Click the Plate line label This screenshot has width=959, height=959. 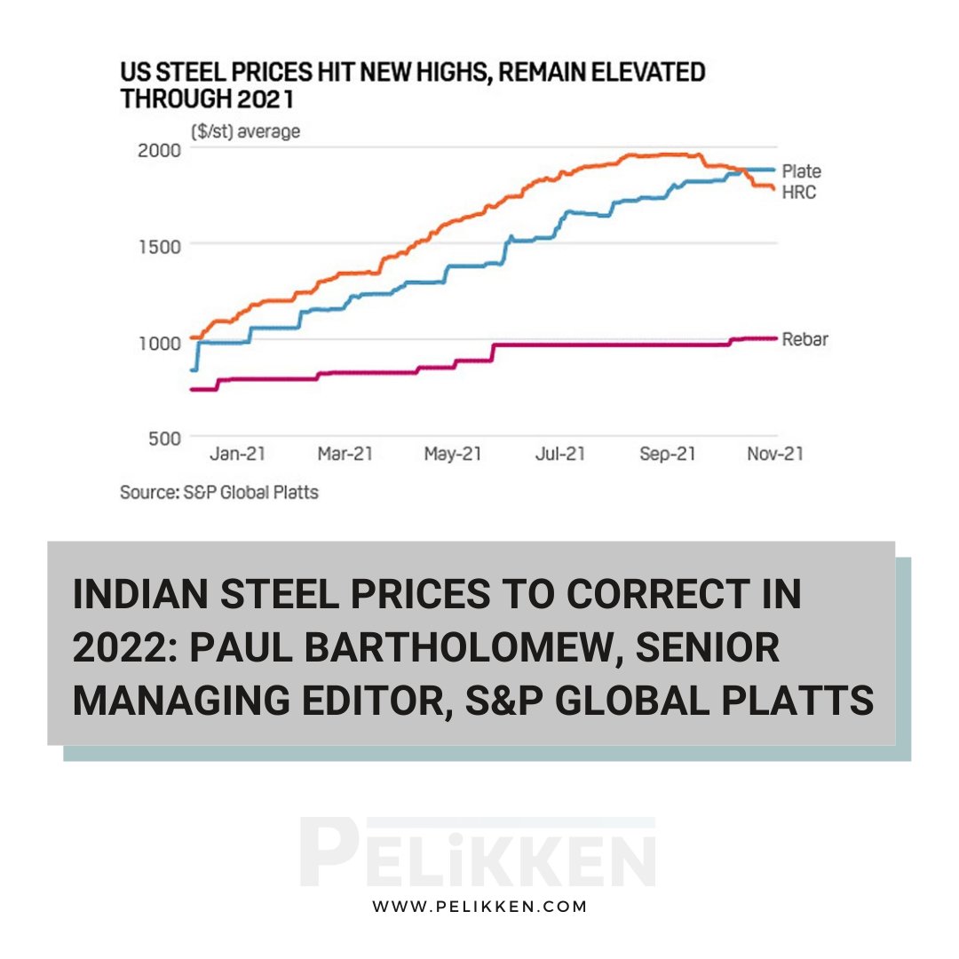[801, 170]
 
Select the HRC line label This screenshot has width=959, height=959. [798, 191]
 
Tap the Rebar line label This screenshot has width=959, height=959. [804, 339]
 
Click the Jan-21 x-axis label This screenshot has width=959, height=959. [238, 454]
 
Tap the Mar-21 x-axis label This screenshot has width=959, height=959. [345, 454]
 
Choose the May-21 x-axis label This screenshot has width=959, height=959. [452, 454]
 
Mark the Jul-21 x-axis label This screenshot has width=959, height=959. [559, 454]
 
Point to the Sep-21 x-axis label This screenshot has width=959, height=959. [667, 454]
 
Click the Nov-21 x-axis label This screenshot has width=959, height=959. [774, 454]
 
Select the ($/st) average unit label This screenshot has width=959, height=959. [245, 131]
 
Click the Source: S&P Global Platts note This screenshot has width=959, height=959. [218, 491]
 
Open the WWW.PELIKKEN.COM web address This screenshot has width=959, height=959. [479, 907]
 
